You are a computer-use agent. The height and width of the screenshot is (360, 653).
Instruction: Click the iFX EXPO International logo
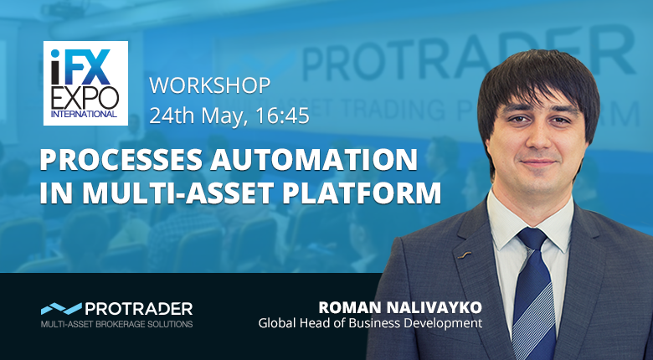coord(85,83)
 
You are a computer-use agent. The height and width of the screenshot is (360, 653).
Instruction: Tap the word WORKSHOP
coord(210,86)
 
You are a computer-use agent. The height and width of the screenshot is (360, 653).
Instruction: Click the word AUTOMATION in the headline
coord(314,160)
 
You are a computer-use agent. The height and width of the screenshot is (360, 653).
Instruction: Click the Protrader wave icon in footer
coord(61,308)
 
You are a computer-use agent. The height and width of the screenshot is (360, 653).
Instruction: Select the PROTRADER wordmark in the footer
coord(139,309)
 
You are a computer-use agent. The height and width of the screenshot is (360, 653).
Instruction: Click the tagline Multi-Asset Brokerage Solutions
coord(116,324)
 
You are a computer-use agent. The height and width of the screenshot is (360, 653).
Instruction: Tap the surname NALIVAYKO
coord(434,307)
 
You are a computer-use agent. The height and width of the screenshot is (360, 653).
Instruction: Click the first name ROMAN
coord(350,307)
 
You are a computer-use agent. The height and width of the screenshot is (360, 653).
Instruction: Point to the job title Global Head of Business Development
coord(370,323)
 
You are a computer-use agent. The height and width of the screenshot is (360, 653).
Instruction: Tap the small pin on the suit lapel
coord(464,254)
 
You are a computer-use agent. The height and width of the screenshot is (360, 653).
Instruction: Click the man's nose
coord(537,137)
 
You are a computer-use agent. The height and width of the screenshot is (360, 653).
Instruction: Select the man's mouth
coord(538,162)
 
